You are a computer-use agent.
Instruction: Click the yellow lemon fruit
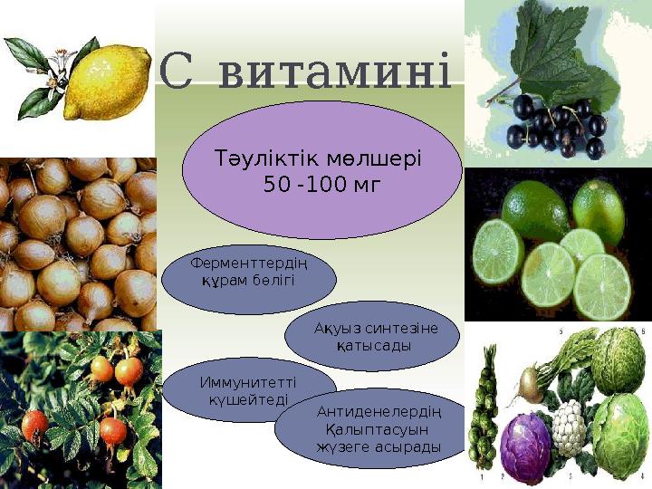(x=106, y=83)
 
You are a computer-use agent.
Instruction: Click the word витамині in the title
(x=334, y=71)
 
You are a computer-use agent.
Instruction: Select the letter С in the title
(x=177, y=71)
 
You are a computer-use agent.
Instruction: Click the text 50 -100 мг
(x=321, y=186)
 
